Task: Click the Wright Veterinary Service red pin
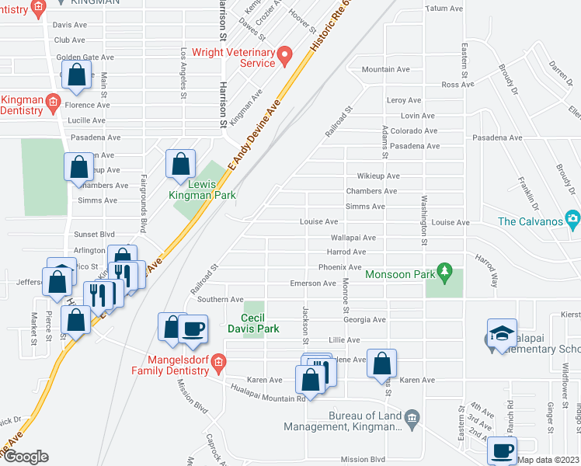pos(284,54)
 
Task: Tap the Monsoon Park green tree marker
pos(444,272)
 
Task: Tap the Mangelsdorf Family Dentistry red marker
pos(219,361)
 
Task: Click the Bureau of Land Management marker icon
pos(412,418)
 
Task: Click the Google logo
pos(26,457)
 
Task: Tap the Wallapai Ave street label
pos(353,238)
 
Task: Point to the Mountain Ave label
pos(385,69)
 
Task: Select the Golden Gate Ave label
pos(85,57)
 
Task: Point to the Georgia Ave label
pos(365,319)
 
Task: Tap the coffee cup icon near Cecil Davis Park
pos(193,328)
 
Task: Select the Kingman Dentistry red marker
pos(53,101)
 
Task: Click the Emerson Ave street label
pos(313,283)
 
